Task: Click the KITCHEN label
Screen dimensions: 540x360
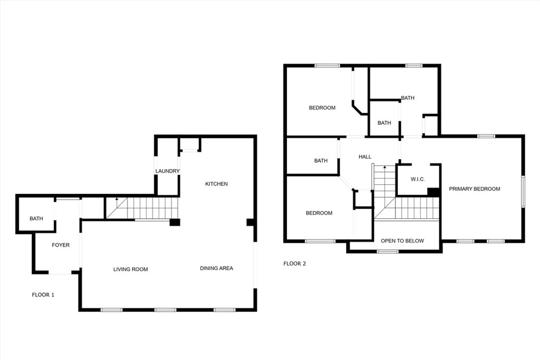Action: pyautogui.click(x=216, y=184)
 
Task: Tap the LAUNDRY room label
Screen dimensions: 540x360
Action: pyautogui.click(x=167, y=171)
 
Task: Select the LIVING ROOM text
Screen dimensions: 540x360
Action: pyautogui.click(x=131, y=269)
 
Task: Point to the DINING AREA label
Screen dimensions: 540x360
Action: pyautogui.click(x=216, y=268)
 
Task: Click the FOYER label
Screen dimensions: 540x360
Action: pyautogui.click(x=61, y=245)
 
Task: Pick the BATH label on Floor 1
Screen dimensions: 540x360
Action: pyautogui.click(x=36, y=219)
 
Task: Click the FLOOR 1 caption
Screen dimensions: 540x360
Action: pyautogui.click(x=43, y=295)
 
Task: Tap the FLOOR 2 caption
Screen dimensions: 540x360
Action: pyautogui.click(x=294, y=264)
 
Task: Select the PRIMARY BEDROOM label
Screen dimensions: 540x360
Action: pyautogui.click(x=474, y=189)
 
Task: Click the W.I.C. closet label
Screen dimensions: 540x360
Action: pyautogui.click(x=418, y=179)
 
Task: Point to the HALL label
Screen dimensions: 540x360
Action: pyautogui.click(x=365, y=157)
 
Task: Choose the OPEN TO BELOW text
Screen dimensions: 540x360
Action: pyautogui.click(x=402, y=241)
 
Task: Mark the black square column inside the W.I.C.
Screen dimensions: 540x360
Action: pyautogui.click(x=433, y=192)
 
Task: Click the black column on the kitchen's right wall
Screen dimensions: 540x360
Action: pyautogui.click(x=250, y=222)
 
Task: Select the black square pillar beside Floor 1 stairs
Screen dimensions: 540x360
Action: pyautogui.click(x=175, y=222)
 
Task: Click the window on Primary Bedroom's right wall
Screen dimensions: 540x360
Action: pyautogui.click(x=523, y=192)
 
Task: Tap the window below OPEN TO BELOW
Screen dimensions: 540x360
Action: pyautogui.click(x=388, y=251)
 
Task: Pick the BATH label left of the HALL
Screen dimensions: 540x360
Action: pyautogui.click(x=321, y=161)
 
